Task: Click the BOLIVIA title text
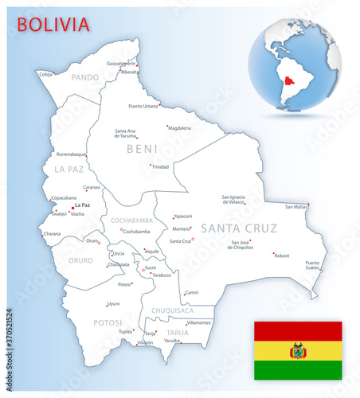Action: click(x=53, y=23)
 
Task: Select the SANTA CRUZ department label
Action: click(x=239, y=228)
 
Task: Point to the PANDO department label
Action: click(x=84, y=77)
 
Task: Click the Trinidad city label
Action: click(x=161, y=167)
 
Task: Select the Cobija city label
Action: click(x=46, y=74)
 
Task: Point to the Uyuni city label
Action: click(x=113, y=303)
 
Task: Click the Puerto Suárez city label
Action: click(x=312, y=266)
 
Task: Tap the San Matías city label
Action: click(x=295, y=207)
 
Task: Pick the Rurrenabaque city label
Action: click(x=70, y=154)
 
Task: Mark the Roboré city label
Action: click(x=281, y=256)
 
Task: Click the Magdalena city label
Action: click(x=179, y=128)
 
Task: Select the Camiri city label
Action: click(x=191, y=293)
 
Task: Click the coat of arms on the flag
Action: click(x=297, y=350)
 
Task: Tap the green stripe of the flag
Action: click(x=297, y=370)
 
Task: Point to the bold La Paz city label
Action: click(x=82, y=205)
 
